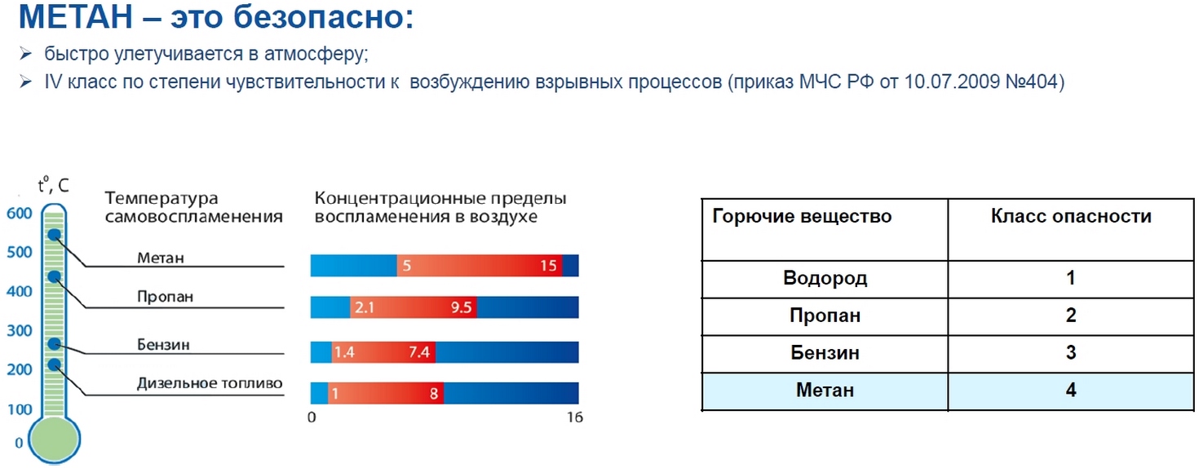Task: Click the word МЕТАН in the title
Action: coord(76,16)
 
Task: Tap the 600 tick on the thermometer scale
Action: coord(20,213)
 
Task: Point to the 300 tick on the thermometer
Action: coord(20,330)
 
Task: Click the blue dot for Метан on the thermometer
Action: coord(55,234)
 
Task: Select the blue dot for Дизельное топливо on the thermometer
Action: coord(54,364)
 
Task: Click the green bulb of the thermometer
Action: coord(54,439)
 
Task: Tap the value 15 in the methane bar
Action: coord(548,266)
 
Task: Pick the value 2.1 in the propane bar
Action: coord(365,307)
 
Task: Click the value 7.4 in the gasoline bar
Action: coord(419,352)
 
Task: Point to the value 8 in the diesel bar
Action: coord(434,394)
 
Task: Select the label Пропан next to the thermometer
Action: coord(165,297)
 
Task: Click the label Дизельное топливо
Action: coord(210,383)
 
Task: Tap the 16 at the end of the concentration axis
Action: coord(575,417)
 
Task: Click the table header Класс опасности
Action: coord(1071,216)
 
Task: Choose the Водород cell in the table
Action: coord(825,278)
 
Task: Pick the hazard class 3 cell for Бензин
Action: coord(1070,352)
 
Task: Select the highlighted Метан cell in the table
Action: coord(825,391)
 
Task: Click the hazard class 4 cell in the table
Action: coord(1070,391)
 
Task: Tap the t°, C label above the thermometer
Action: coord(54,184)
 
